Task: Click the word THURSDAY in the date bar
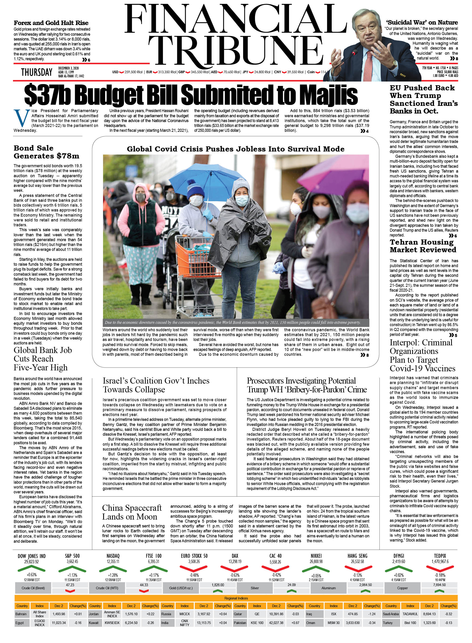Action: point(37,72)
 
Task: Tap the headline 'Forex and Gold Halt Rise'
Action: point(51,23)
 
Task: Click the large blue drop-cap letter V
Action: point(22,118)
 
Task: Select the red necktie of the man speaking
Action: point(368,66)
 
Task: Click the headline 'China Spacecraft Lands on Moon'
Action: point(132,512)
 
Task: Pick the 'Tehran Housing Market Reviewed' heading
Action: point(423,246)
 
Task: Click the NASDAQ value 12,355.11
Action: point(113,561)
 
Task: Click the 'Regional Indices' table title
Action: point(236,598)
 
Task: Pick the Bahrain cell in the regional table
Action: point(21,614)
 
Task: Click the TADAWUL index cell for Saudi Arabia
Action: point(410,614)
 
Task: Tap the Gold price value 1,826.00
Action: point(218,585)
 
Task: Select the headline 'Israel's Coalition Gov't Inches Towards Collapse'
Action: point(156,385)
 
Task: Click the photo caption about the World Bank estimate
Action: point(233,322)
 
